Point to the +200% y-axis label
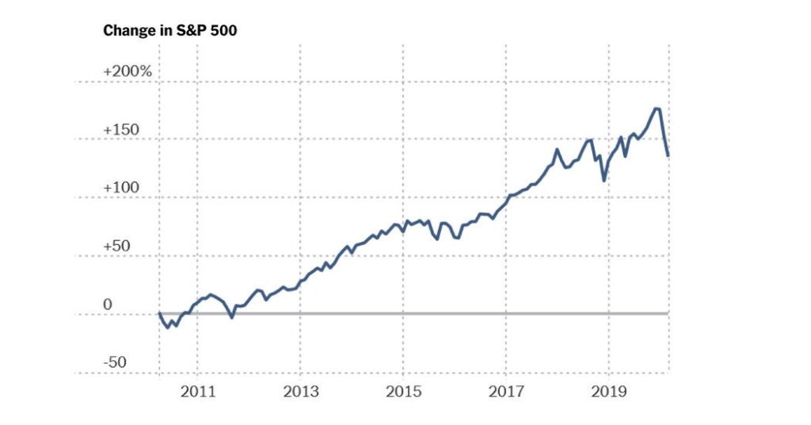tap(127, 71)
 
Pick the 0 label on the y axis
tap(108, 305)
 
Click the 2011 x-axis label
tap(198, 392)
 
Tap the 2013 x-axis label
tap(301, 392)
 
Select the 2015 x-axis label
tap(403, 392)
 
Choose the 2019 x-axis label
tap(608, 392)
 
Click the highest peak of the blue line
tap(657, 109)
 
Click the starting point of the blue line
tap(159, 313)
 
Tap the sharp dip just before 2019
tap(604, 181)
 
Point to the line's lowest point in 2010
tap(168, 327)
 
